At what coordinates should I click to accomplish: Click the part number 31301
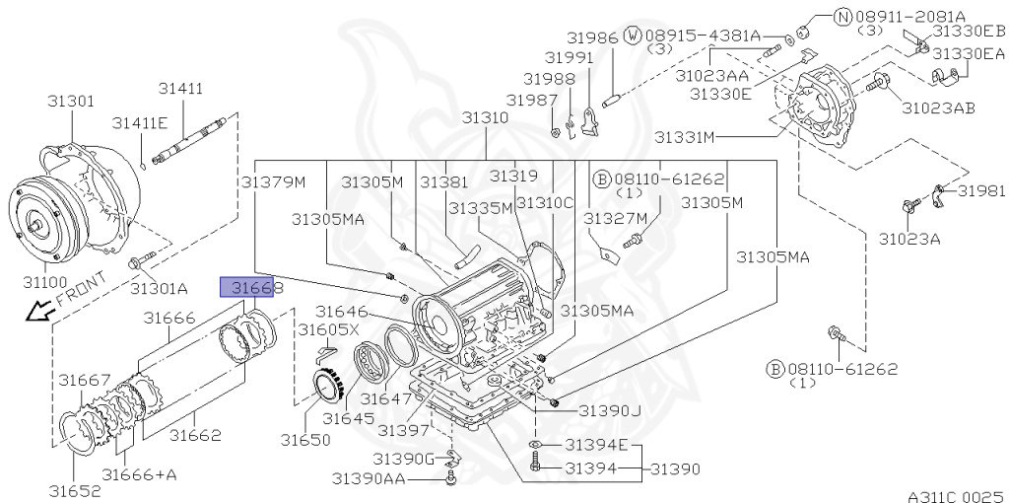[71, 102]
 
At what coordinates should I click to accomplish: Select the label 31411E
[140, 123]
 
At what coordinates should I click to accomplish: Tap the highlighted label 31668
[247, 287]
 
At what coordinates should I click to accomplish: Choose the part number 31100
[45, 281]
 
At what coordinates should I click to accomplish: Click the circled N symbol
[843, 18]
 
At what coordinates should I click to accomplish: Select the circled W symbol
[634, 36]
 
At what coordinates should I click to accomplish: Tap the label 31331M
[684, 137]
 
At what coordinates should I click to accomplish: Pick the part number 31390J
[609, 411]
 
